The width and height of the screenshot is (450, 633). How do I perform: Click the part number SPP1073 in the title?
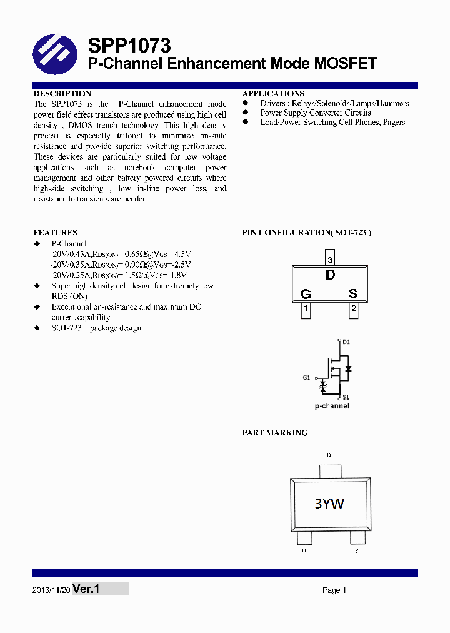[129, 46]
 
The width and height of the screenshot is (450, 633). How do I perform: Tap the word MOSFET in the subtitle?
[344, 63]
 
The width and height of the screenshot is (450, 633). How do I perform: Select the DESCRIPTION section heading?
[62, 94]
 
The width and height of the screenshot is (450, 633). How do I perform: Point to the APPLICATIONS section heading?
[274, 94]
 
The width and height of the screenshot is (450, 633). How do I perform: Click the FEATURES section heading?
[56, 232]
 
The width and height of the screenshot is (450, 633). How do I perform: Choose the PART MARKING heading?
[275, 433]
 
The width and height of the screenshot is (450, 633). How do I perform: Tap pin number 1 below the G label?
[306, 308]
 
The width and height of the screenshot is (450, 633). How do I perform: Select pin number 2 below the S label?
[354, 308]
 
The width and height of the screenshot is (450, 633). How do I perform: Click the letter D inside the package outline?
[330, 275]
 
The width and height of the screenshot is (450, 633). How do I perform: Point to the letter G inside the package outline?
[306, 294]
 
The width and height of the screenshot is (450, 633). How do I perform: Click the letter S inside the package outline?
[353, 294]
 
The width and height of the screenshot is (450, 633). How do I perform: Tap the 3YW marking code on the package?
[329, 504]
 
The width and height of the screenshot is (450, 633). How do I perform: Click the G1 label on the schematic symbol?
[306, 378]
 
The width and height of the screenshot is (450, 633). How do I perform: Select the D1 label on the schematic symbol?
[346, 342]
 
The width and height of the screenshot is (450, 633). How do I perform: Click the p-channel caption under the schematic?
[332, 407]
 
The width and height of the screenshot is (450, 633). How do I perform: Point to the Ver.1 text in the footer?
[86, 589]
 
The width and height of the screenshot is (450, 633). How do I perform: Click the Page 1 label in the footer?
[334, 590]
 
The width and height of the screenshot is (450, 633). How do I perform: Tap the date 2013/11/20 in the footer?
[51, 590]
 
